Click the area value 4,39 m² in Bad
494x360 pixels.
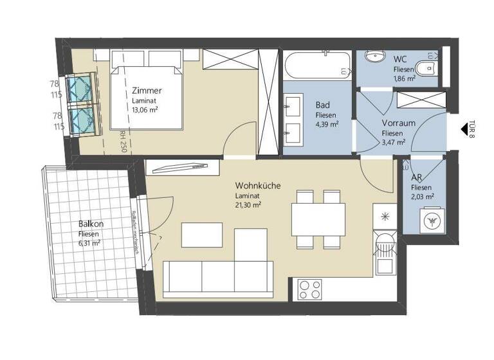pos(327,125)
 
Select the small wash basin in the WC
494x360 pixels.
pos(374,56)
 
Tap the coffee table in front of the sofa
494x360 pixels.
pos(201,234)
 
